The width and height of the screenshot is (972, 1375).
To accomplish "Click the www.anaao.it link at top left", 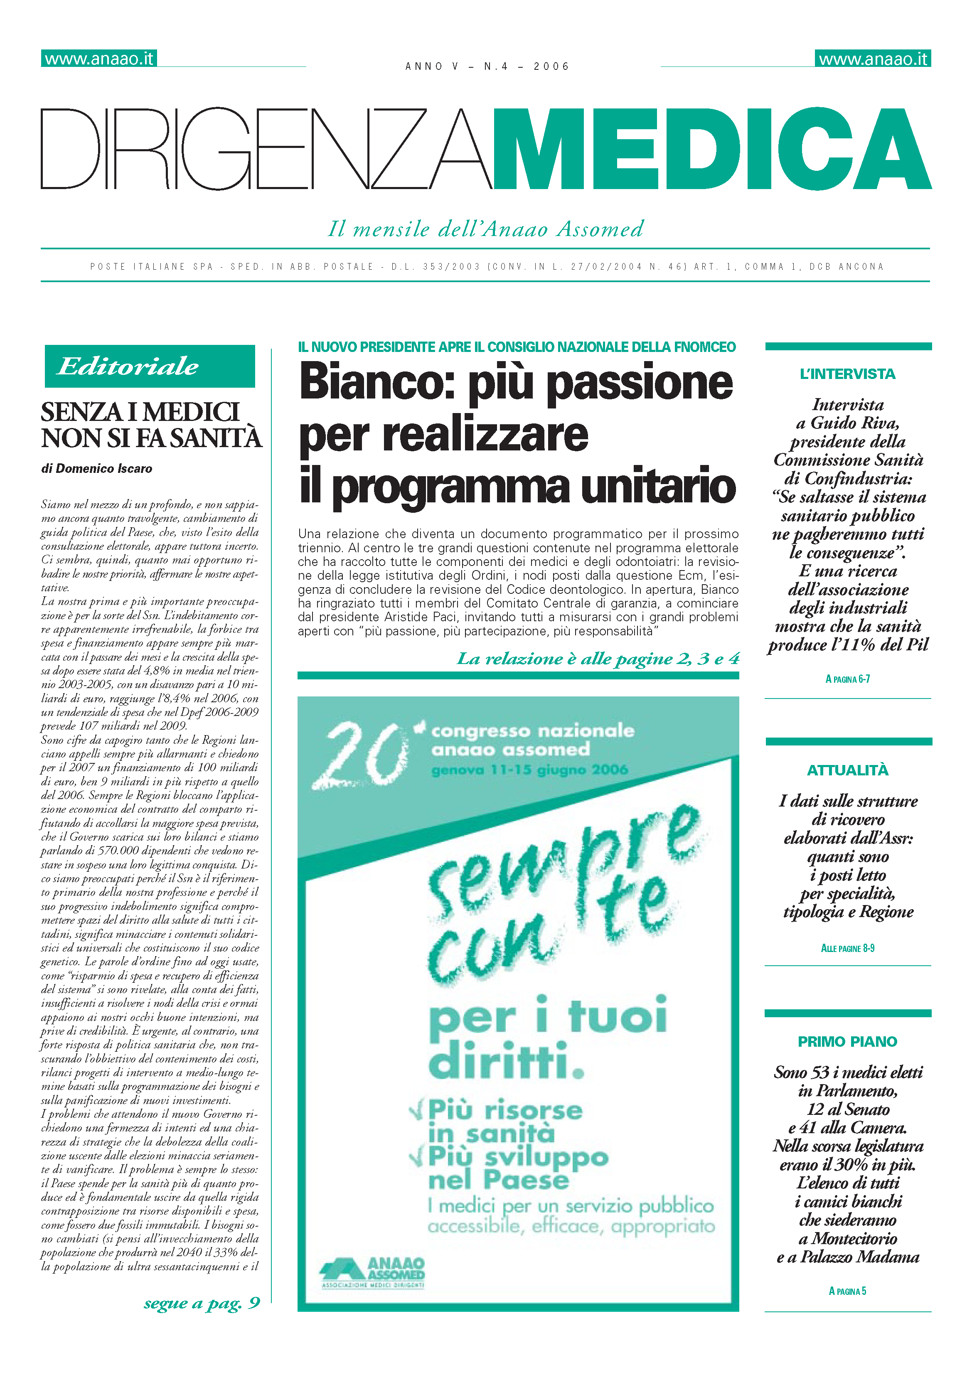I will click(99, 59).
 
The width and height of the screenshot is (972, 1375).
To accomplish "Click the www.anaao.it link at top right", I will click(873, 59).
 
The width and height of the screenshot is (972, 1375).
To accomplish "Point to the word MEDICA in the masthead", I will click(711, 150).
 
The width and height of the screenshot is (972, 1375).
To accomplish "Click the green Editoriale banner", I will click(150, 366).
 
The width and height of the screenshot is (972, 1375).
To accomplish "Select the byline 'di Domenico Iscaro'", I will click(96, 468).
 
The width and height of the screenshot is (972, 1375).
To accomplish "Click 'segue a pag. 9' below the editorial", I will click(202, 1303).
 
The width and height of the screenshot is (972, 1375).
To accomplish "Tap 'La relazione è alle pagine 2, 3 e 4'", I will click(598, 659).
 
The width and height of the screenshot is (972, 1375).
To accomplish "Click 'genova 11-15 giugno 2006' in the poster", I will click(529, 770).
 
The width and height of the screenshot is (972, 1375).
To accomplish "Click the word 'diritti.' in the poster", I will click(506, 1060).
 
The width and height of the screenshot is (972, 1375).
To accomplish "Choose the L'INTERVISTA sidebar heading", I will click(847, 374).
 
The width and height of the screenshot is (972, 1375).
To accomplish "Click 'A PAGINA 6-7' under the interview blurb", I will click(847, 679).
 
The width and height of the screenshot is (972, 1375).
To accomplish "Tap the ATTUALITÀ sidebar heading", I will click(847, 770).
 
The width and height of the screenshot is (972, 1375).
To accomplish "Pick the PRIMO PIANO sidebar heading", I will click(847, 1041).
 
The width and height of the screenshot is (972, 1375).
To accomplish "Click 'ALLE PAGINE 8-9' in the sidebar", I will click(847, 948).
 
